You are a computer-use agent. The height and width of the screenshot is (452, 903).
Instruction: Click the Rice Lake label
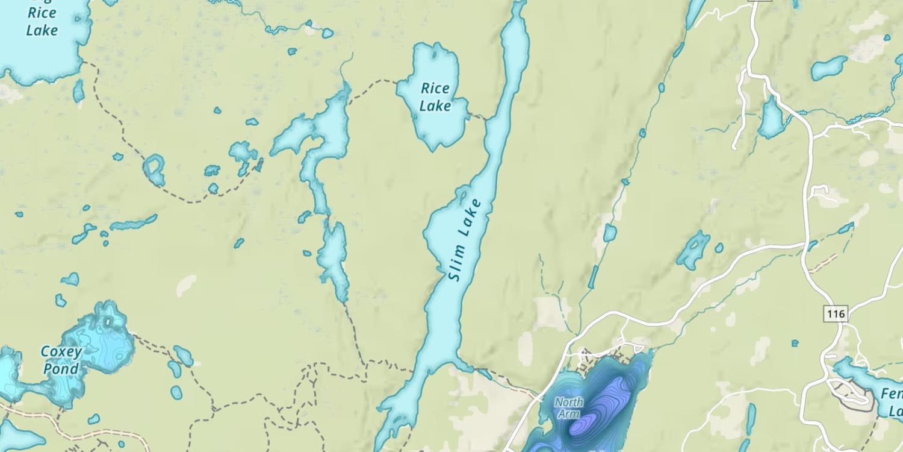435,97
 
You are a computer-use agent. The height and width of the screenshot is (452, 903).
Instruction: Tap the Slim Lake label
466,240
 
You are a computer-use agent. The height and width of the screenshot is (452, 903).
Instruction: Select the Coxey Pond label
60,360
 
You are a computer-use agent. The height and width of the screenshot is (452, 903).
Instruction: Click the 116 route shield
836,313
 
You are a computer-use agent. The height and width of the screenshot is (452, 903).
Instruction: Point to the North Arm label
569,407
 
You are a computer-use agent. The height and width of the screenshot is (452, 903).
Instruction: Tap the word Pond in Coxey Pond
61,369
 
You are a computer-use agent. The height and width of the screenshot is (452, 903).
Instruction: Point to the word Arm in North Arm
569,414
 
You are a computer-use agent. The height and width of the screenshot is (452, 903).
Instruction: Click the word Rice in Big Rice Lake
42,13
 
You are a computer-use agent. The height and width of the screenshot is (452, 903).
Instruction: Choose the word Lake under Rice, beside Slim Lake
435,105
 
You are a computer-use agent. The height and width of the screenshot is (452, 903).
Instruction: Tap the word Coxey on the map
60,351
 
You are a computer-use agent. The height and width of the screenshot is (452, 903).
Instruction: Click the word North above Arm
569,401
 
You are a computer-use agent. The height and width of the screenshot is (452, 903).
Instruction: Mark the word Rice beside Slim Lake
435,89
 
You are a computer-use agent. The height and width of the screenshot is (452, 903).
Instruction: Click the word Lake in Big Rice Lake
42,30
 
